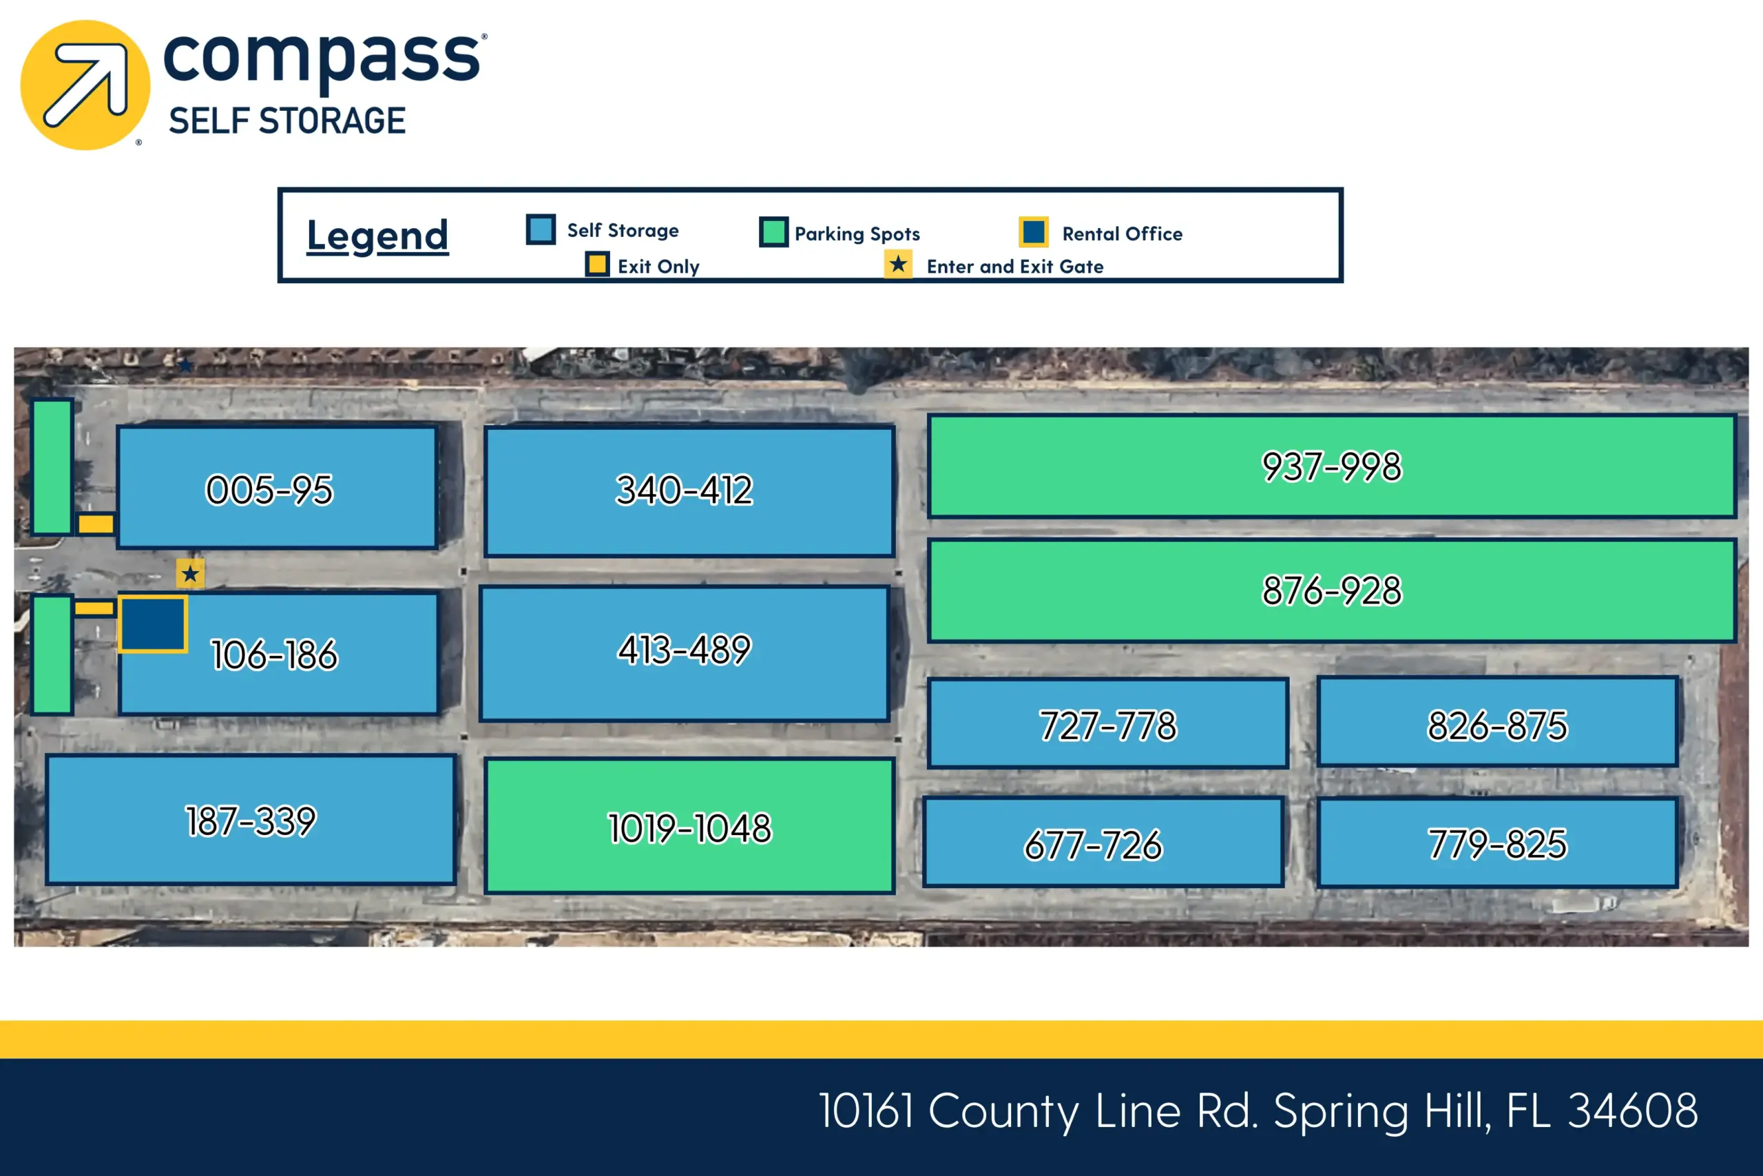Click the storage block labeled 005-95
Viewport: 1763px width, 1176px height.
[x=277, y=488]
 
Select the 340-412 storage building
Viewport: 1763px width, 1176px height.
[x=689, y=491]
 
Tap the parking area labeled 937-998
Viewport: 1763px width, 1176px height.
[x=1332, y=466]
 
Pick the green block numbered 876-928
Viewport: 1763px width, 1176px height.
[x=1332, y=590]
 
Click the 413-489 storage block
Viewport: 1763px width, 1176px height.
[x=685, y=653]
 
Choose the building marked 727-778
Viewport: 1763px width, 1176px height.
[x=1108, y=724]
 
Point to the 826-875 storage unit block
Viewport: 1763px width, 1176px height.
[x=1497, y=721]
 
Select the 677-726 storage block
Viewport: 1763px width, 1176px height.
[x=1103, y=843]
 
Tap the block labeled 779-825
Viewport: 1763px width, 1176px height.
[x=1497, y=843]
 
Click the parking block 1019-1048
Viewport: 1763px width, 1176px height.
[x=689, y=826]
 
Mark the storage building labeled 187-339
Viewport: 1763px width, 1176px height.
[x=251, y=820]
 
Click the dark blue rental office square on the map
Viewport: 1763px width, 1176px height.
[x=153, y=624]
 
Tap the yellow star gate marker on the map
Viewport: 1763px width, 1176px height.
[x=190, y=574]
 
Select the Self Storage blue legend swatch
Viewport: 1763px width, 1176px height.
[x=541, y=229]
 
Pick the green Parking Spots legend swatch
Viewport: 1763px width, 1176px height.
[x=773, y=231]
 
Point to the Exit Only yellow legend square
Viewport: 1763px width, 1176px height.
[x=597, y=264]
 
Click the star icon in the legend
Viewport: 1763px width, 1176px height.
[x=898, y=264]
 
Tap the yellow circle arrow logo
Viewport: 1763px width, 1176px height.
[x=85, y=85]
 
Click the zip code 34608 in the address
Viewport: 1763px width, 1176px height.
[x=1633, y=1111]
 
